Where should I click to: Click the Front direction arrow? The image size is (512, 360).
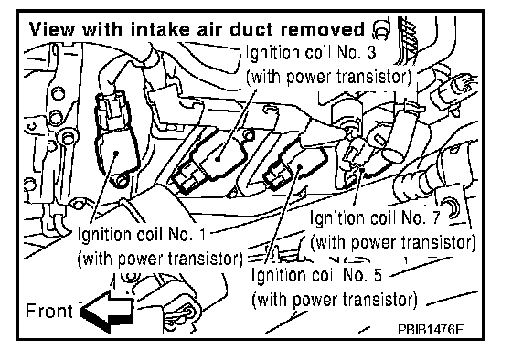[108, 311]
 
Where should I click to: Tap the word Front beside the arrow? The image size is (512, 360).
[49, 311]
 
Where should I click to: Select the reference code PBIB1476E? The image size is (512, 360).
[431, 329]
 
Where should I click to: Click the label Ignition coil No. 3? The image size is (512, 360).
[311, 53]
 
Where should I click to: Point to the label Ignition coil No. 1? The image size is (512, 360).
[142, 234]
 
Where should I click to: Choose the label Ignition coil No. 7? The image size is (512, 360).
[375, 217]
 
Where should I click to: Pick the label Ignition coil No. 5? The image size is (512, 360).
[316, 275]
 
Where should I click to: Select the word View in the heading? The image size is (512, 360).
[52, 29]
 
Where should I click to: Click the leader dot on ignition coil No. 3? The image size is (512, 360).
[218, 159]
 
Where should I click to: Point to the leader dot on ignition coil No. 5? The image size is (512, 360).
[301, 167]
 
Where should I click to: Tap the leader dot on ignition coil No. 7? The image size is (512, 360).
[362, 169]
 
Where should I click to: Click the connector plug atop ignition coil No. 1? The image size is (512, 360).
[110, 107]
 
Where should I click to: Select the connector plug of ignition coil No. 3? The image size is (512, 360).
[187, 178]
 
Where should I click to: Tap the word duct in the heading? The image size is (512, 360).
[251, 29]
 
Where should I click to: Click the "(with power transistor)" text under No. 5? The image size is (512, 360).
[335, 300]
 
